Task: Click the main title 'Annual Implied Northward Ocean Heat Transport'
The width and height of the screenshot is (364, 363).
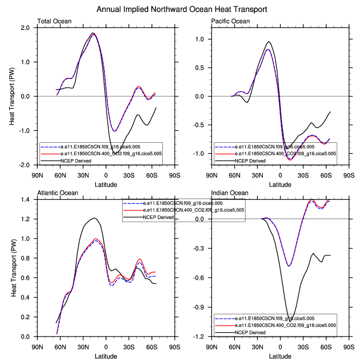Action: [182, 10]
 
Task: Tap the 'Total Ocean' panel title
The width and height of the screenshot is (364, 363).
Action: [54, 22]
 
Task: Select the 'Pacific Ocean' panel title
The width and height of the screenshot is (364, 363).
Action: [230, 22]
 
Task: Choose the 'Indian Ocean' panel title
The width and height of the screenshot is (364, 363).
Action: [229, 193]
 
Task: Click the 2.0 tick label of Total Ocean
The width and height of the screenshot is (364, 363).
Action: [27, 28]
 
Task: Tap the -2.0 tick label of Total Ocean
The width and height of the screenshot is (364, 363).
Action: [25, 165]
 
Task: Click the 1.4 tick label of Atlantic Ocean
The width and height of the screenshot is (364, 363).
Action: [27, 200]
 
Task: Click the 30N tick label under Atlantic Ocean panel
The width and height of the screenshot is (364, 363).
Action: [83, 347]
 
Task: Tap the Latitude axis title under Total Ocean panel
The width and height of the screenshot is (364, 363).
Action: [105, 185]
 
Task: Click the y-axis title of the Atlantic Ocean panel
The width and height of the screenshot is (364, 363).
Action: [13, 268]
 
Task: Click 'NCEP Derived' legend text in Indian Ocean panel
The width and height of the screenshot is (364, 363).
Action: [254, 332]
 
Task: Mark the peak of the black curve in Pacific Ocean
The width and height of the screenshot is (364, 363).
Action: [269, 41]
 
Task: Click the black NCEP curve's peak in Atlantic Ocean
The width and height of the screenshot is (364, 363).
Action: [95, 218]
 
